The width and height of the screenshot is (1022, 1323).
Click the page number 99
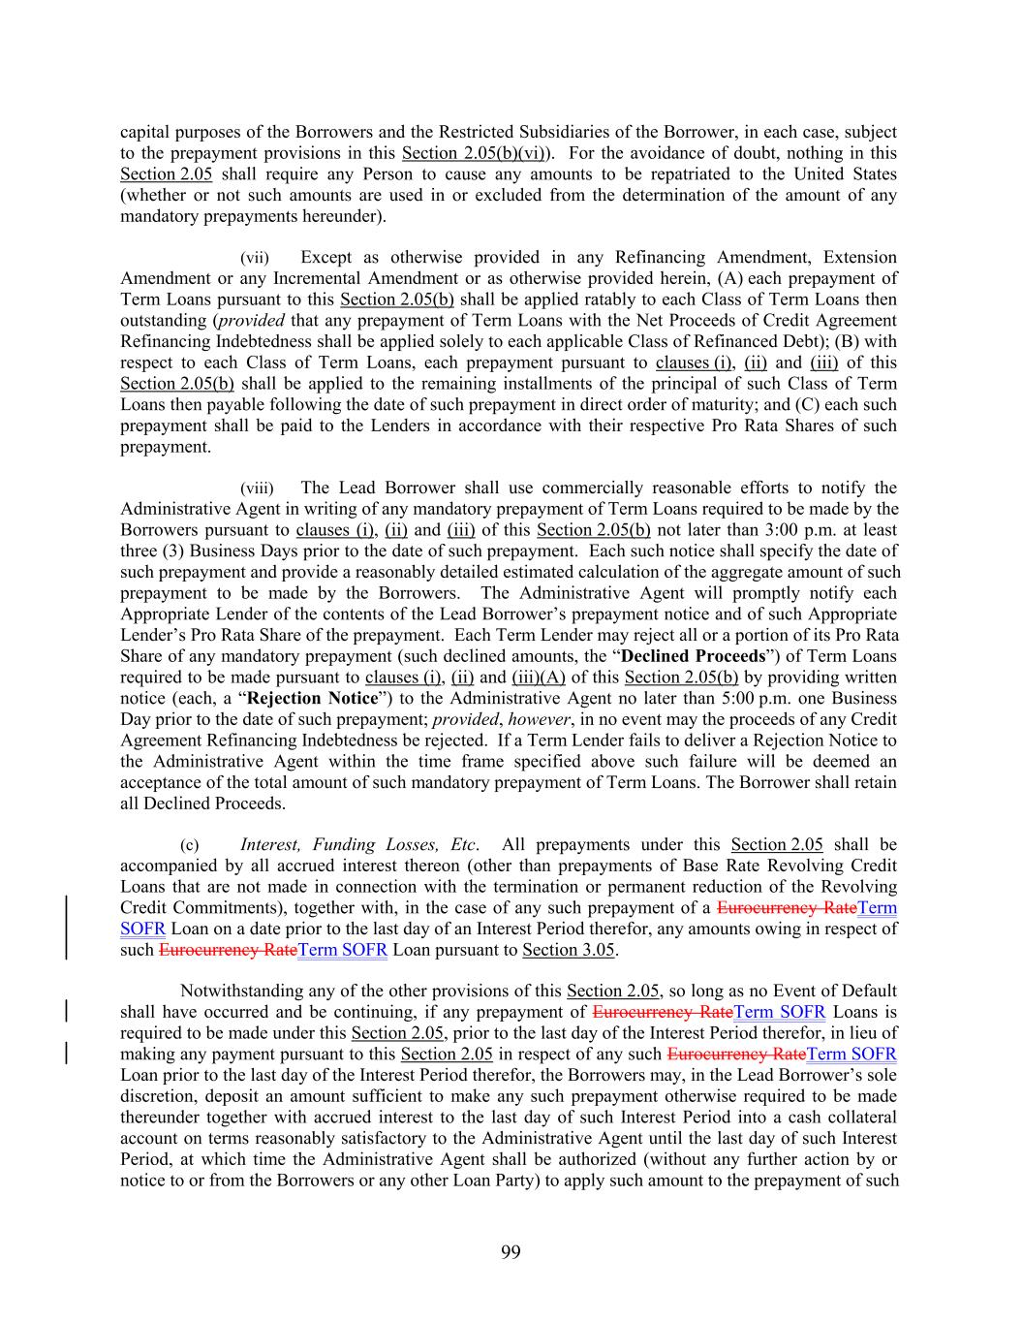click(511, 1252)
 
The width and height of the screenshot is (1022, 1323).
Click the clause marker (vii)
click(255, 258)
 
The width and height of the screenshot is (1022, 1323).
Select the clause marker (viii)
click(257, 488)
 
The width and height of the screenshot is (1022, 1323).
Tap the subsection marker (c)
click(190, 845)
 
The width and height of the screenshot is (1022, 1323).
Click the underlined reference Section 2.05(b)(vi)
click(476, 153)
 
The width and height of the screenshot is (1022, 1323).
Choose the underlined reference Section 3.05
click(568, 950)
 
